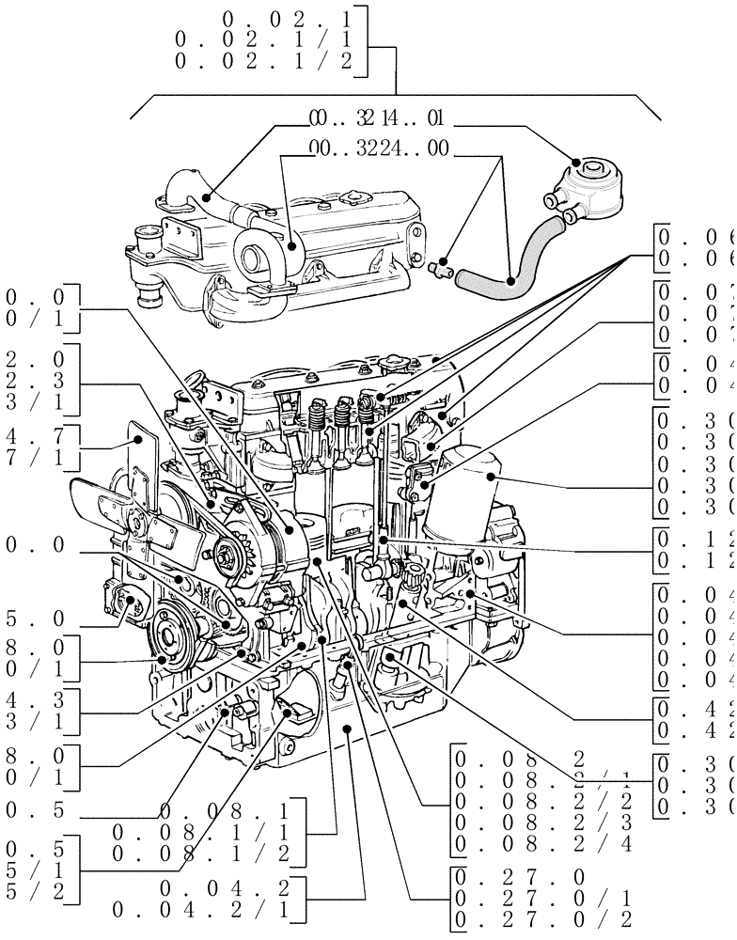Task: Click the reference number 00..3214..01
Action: [376, 119]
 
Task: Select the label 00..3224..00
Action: [379, 149]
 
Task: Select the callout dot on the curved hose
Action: [509, 280]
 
